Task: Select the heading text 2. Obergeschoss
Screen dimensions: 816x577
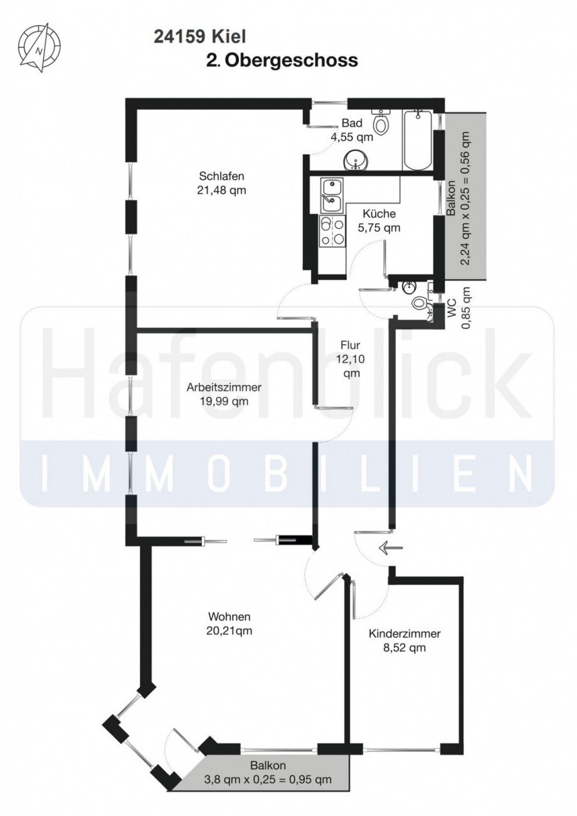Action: tap(282, 60)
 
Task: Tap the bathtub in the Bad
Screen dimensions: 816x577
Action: tap(417, 140)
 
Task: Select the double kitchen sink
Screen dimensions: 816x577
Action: tap(331, 195)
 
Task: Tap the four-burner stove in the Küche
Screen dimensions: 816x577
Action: tap(331, 231)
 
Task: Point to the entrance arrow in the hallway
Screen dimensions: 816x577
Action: tap(390, 548)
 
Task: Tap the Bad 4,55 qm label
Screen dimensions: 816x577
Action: tap(352, 128)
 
